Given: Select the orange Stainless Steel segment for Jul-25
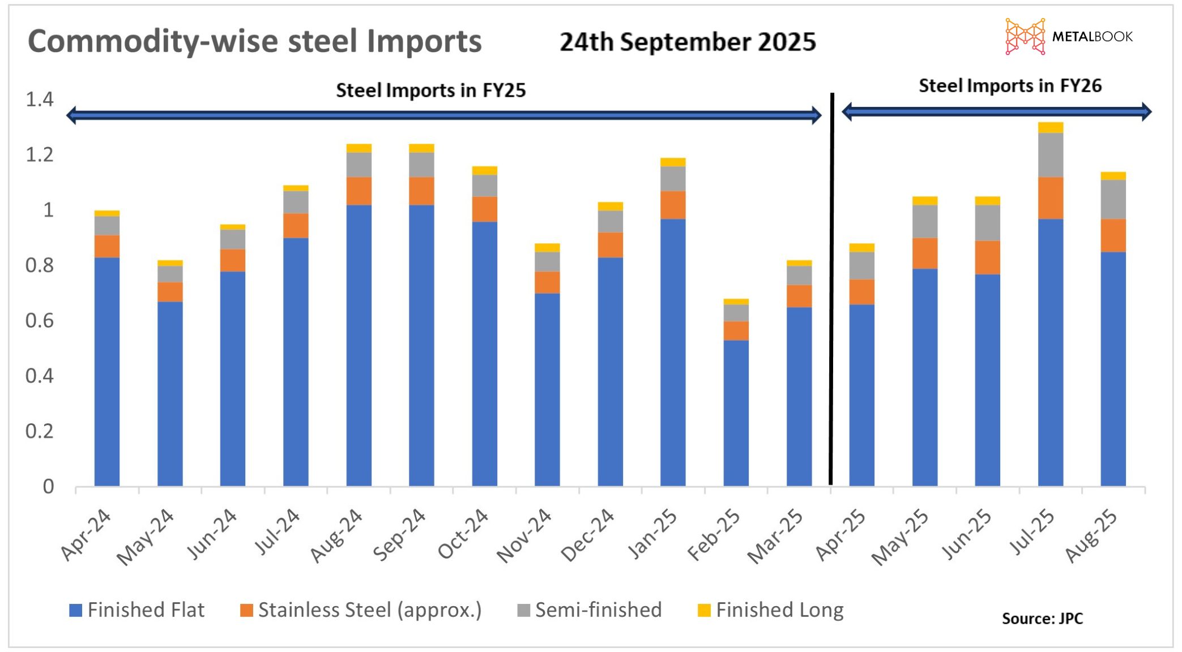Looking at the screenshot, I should click(1050, 198).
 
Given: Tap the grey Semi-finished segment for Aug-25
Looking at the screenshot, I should click(1113, 199).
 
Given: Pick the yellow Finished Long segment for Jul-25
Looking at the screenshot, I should click(1050, 127).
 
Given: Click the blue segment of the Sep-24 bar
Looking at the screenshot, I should click(421, 345).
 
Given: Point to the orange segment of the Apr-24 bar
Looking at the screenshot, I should click(107, 246).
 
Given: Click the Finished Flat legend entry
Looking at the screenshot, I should click(136, 610).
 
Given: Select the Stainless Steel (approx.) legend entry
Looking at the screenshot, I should click(361, 610).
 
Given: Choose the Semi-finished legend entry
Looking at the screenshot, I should click(590, 610).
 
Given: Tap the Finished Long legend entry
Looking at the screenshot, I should click(771, 610).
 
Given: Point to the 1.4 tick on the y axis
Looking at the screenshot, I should click(39, 100).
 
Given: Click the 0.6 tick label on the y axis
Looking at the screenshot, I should click(39, 321).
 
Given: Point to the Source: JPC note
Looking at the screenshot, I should click(1042, 618).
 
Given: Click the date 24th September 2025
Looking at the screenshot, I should click(688, 42).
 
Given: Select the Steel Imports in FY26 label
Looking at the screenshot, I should click(1010, 86).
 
